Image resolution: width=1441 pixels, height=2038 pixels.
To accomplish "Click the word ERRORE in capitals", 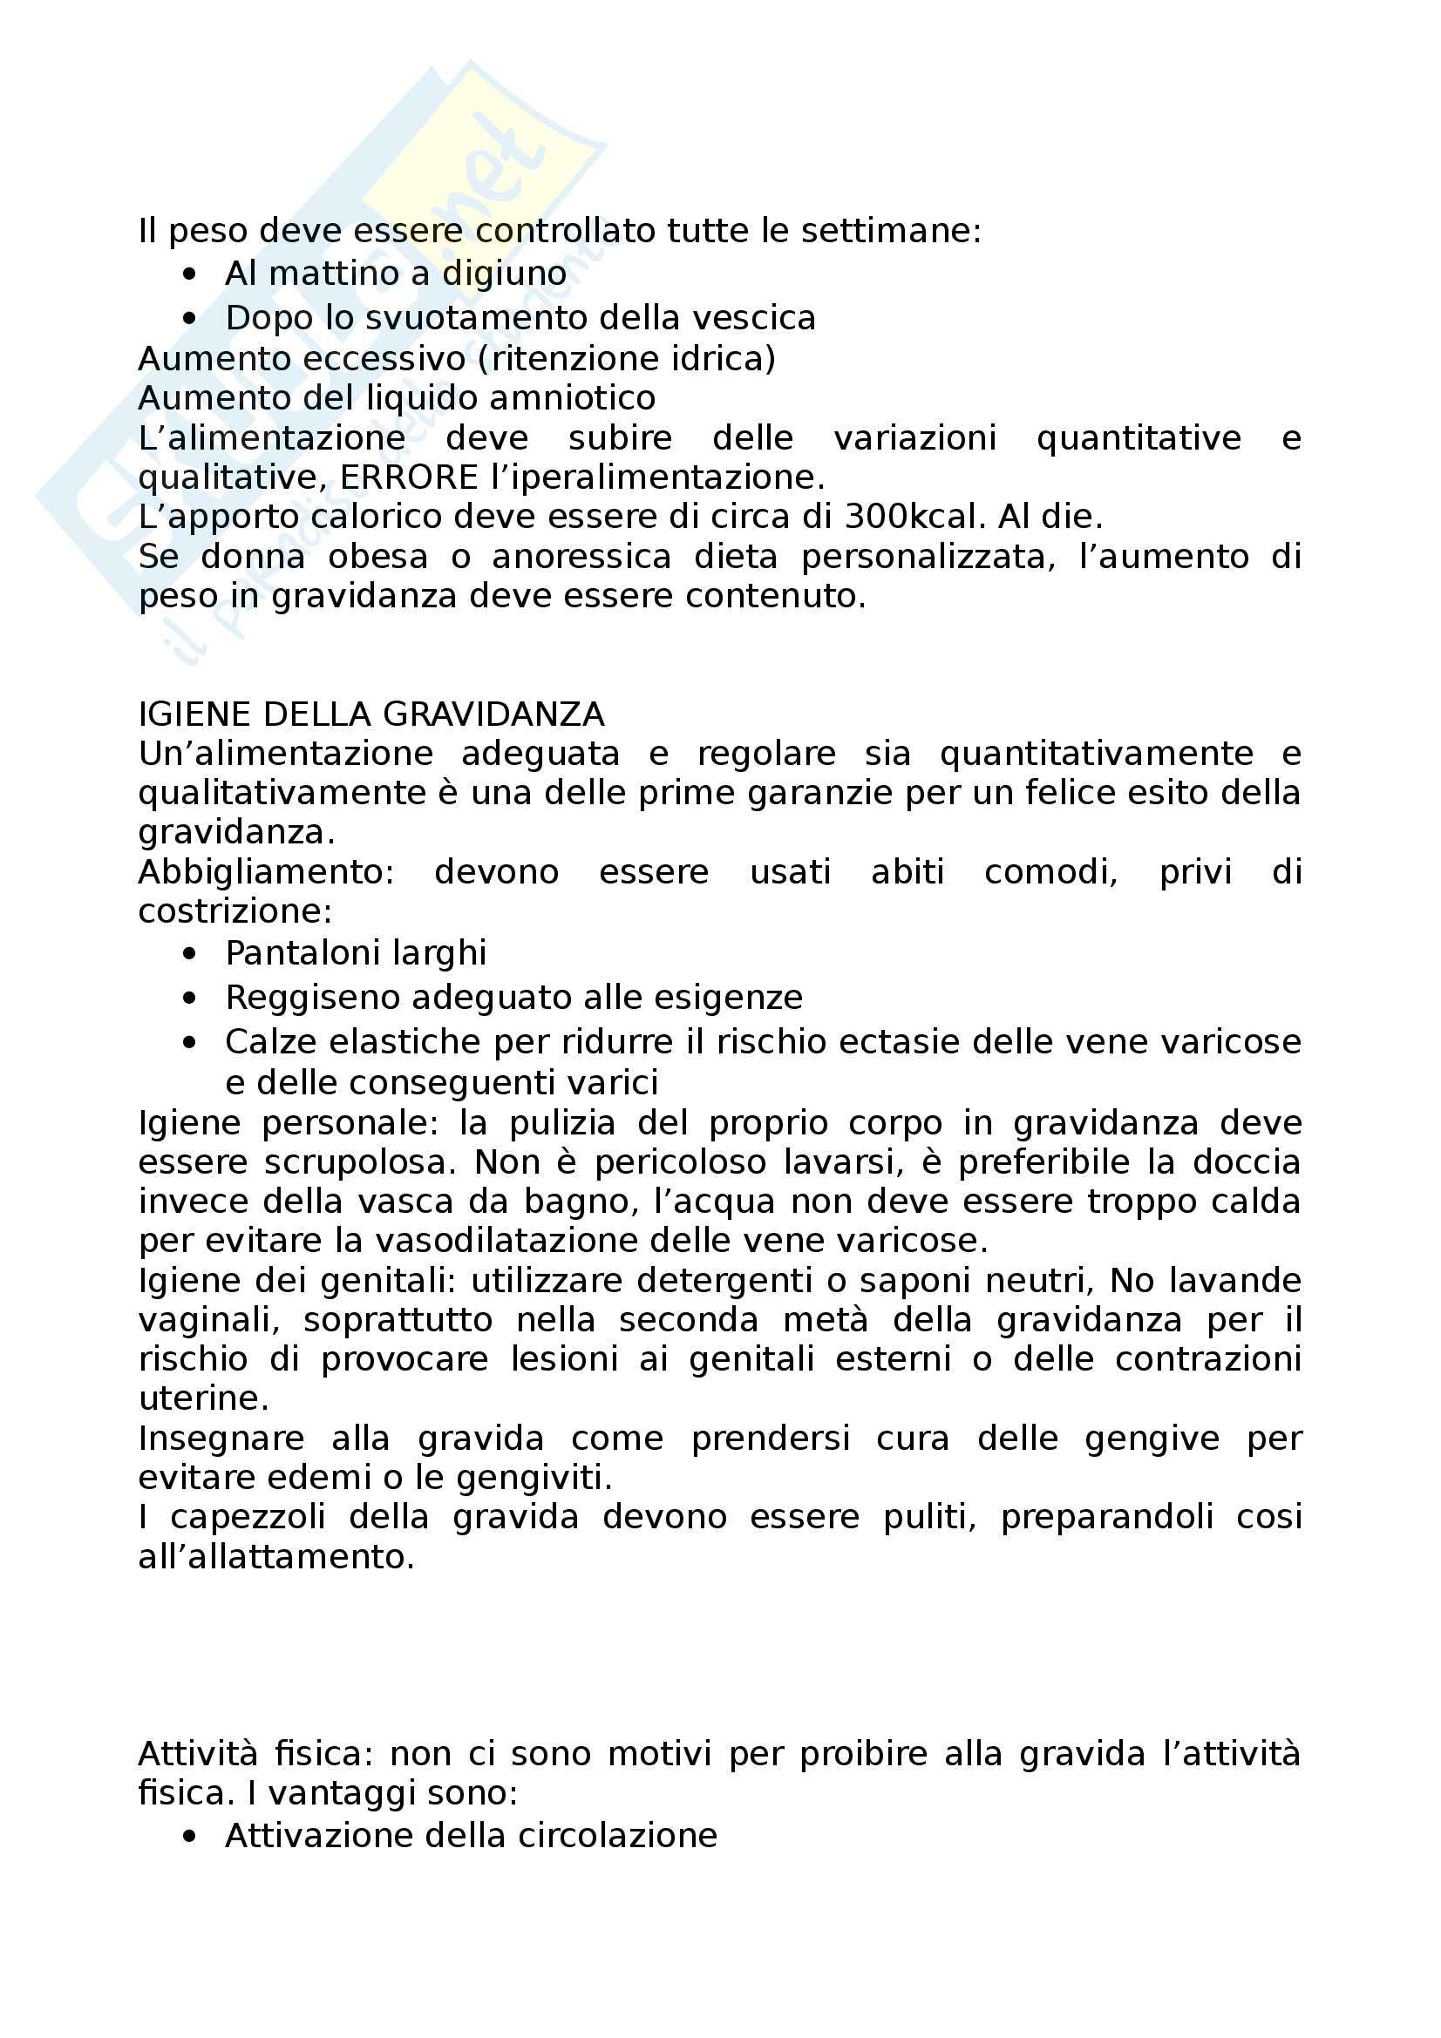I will coord(410,477).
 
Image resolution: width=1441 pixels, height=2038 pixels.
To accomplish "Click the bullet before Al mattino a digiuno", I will coord(188,275).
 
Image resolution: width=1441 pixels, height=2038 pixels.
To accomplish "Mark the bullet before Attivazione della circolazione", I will coord(188,1837).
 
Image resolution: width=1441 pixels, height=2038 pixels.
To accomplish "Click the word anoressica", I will coord(581,557).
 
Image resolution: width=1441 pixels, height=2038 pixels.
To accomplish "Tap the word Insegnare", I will coord(221,1438).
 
